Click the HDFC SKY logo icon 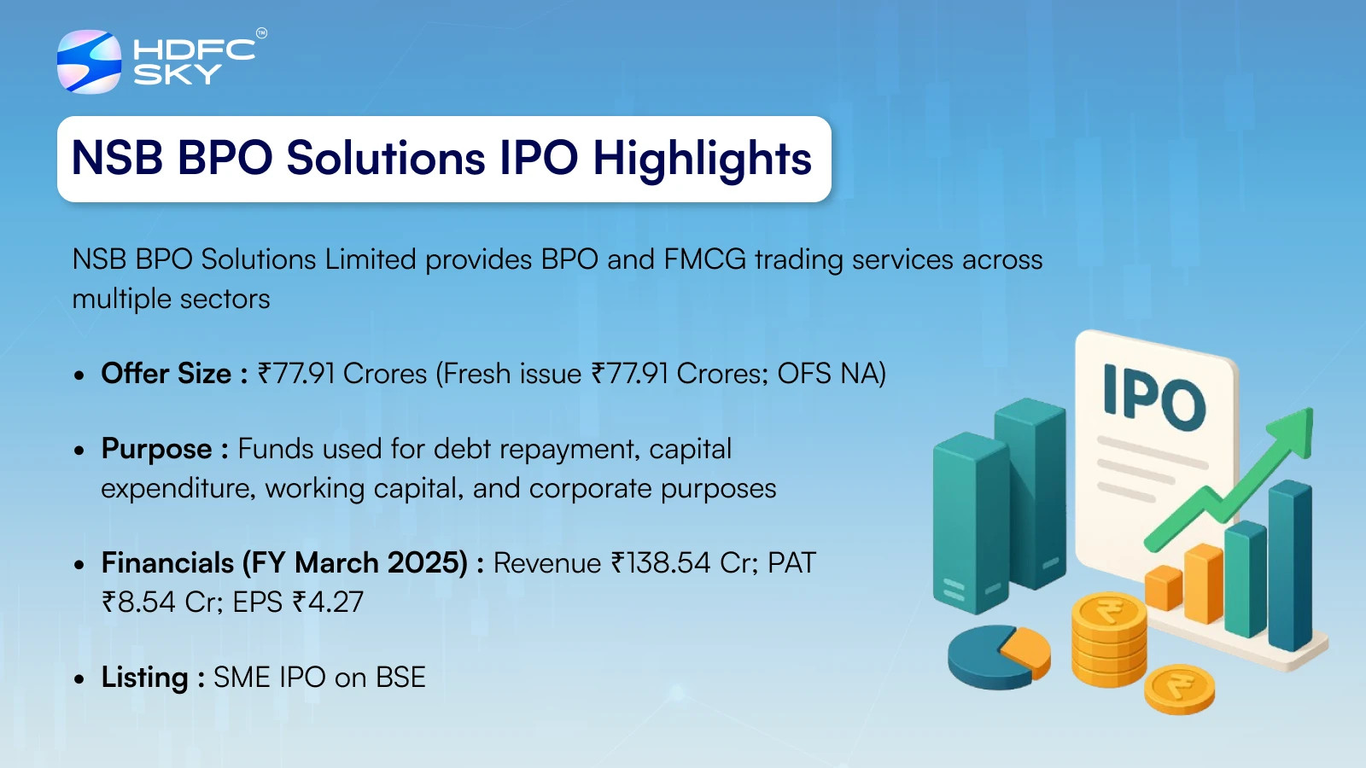click(89, 61)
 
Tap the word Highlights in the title click(702, 160)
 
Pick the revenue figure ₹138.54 click(661, 563)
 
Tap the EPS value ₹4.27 click(328, 602)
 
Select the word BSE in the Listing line click(400, 678)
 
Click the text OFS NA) click(832, 374)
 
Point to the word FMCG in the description click(704, 259)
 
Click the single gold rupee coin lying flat click(1179, 689)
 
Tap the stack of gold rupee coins click(1109, 639)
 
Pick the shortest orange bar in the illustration click(1164, 588)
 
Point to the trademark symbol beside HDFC click(261, 33)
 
